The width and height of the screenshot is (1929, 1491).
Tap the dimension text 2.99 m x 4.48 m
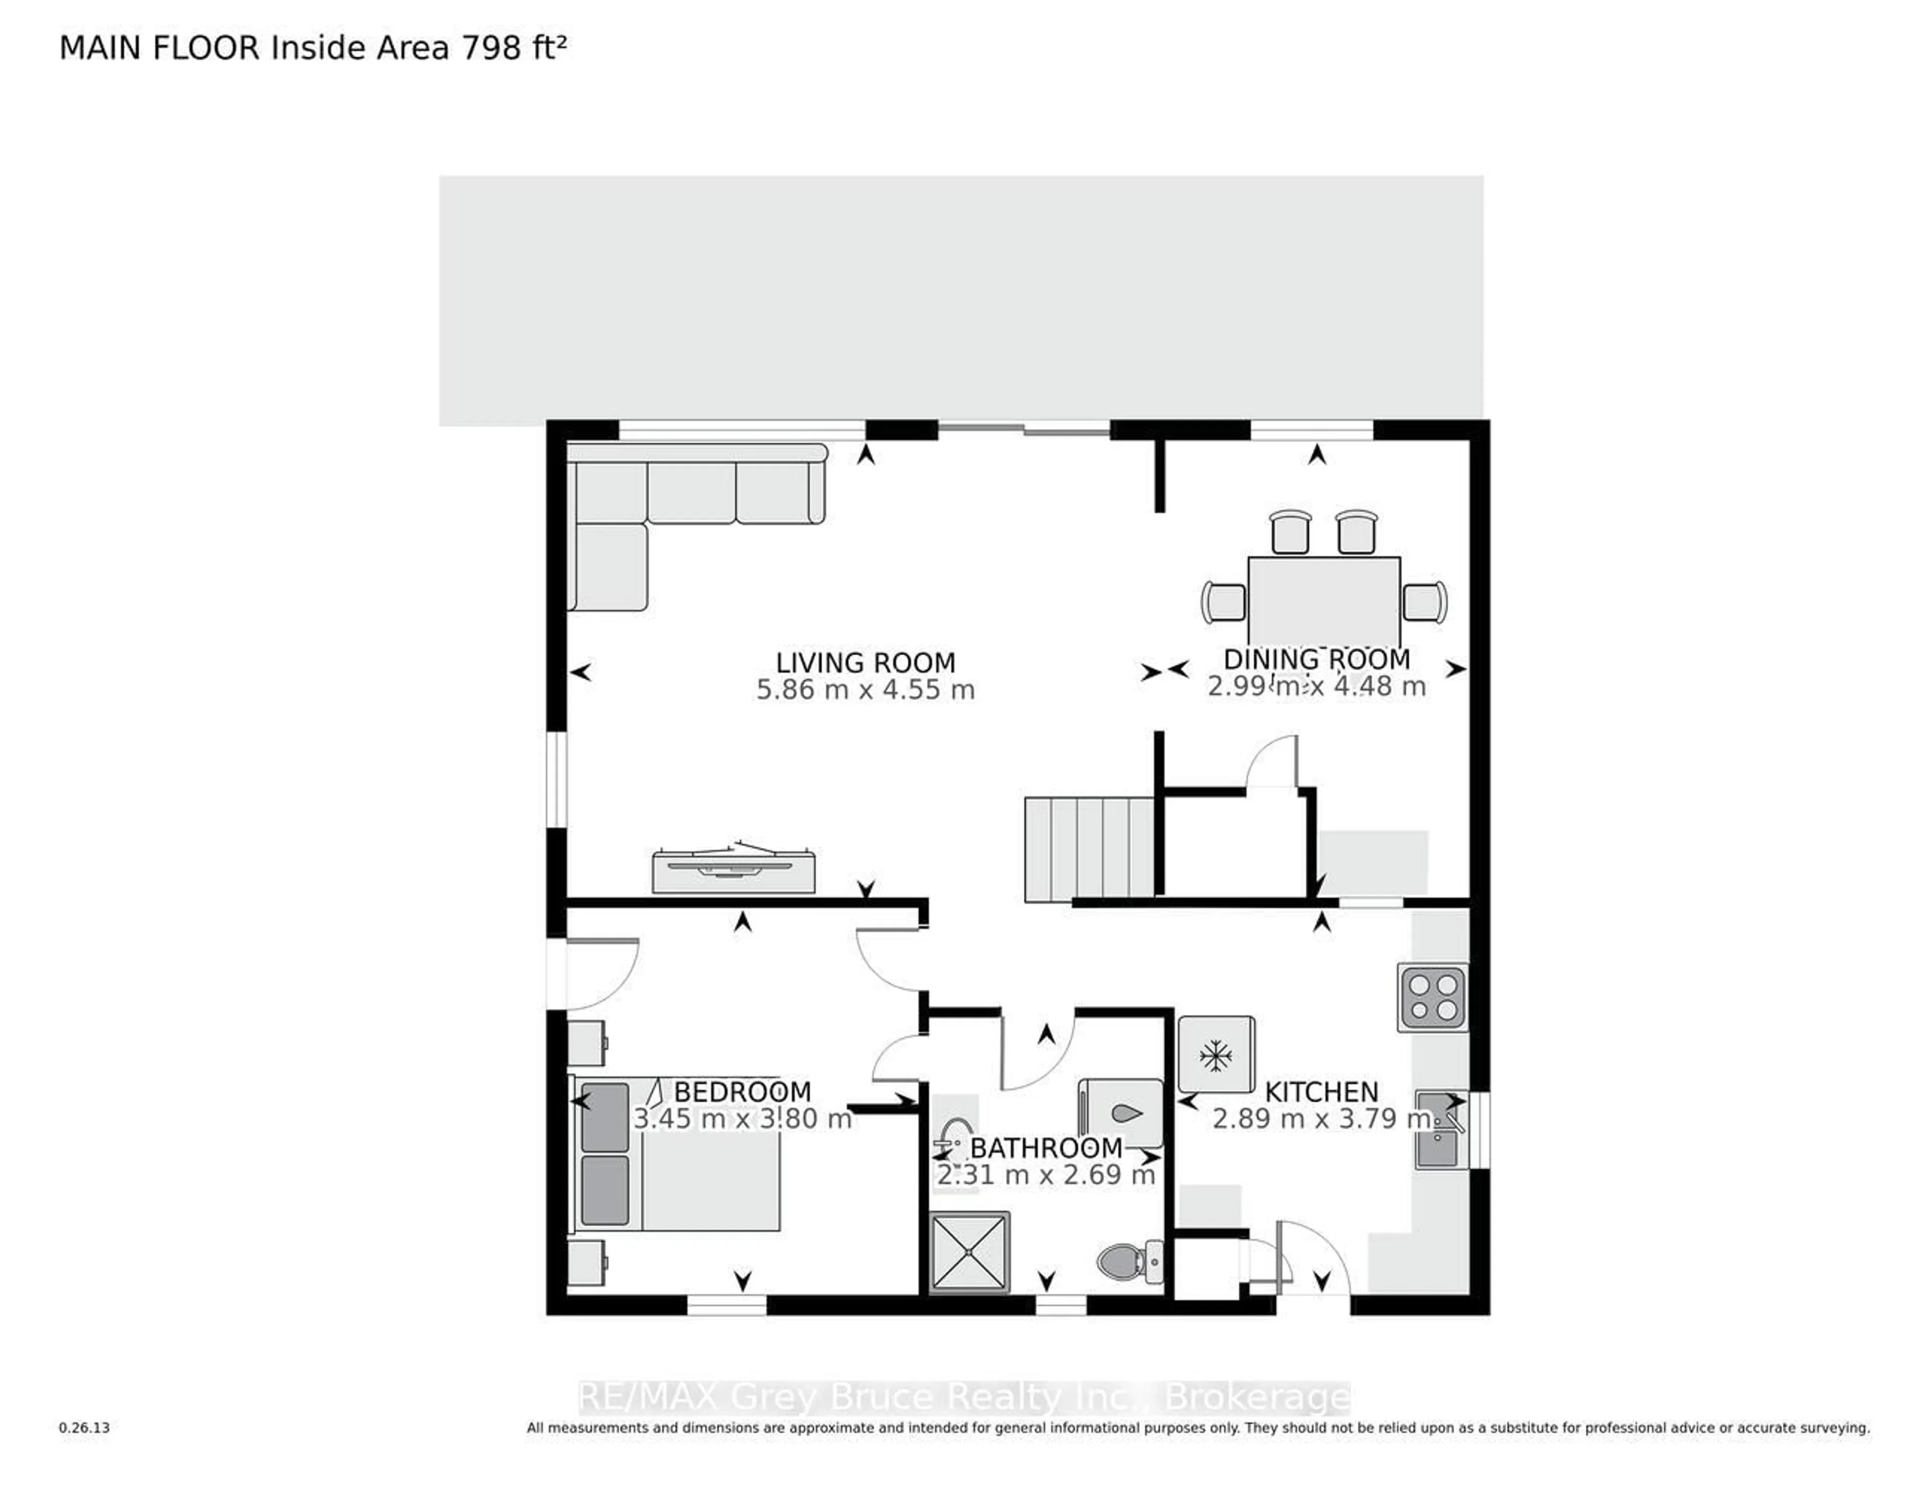click(x=1316, y=686)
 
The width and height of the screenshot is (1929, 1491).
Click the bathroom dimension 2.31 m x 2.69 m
click(x=1046, y=1176)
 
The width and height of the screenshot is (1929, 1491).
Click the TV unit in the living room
click(x=733, y=870)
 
